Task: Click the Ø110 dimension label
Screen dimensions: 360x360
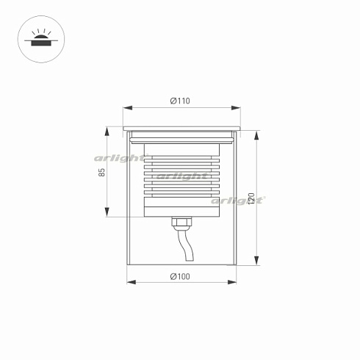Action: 181,101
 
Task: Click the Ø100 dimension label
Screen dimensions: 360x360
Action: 181,276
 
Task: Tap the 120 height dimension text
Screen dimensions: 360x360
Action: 251,198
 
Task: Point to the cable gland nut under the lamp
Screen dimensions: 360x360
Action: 179,220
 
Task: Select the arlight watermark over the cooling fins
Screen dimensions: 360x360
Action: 181,176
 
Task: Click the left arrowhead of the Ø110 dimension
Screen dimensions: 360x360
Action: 124,108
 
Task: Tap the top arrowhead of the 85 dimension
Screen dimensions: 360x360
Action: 109,134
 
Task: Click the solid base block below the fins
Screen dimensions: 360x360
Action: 181,211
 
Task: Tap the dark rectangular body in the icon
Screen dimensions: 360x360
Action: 39,43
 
